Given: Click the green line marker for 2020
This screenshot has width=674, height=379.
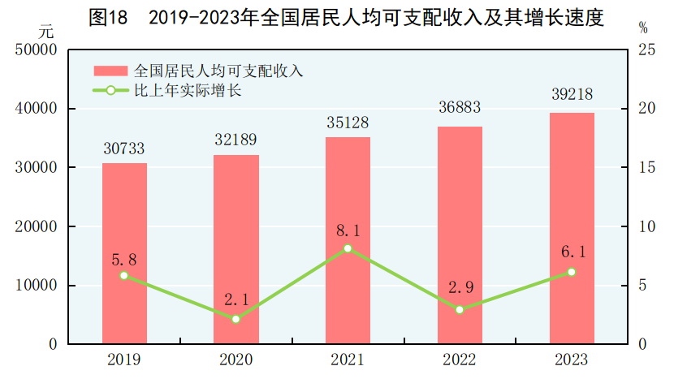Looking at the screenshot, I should tap(236, 319).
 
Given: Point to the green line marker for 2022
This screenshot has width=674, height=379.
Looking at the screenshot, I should tap(460, 309).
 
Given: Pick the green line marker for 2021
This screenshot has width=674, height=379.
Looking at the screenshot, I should tap(348, 248).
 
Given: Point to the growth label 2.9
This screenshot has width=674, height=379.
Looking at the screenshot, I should tap(460, 290).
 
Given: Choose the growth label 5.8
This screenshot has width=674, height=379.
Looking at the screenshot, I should tap(124, 261).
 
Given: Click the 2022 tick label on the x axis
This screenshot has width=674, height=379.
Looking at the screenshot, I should tap(460, 360).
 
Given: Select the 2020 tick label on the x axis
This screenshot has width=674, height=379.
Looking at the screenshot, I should tap(236, 360).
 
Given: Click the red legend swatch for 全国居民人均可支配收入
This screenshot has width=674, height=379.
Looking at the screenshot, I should tap(111, 71).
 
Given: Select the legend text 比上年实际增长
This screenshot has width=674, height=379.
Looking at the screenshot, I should tap(188, 91).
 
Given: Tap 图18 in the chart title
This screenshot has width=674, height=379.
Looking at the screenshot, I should tap(107, 17).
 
